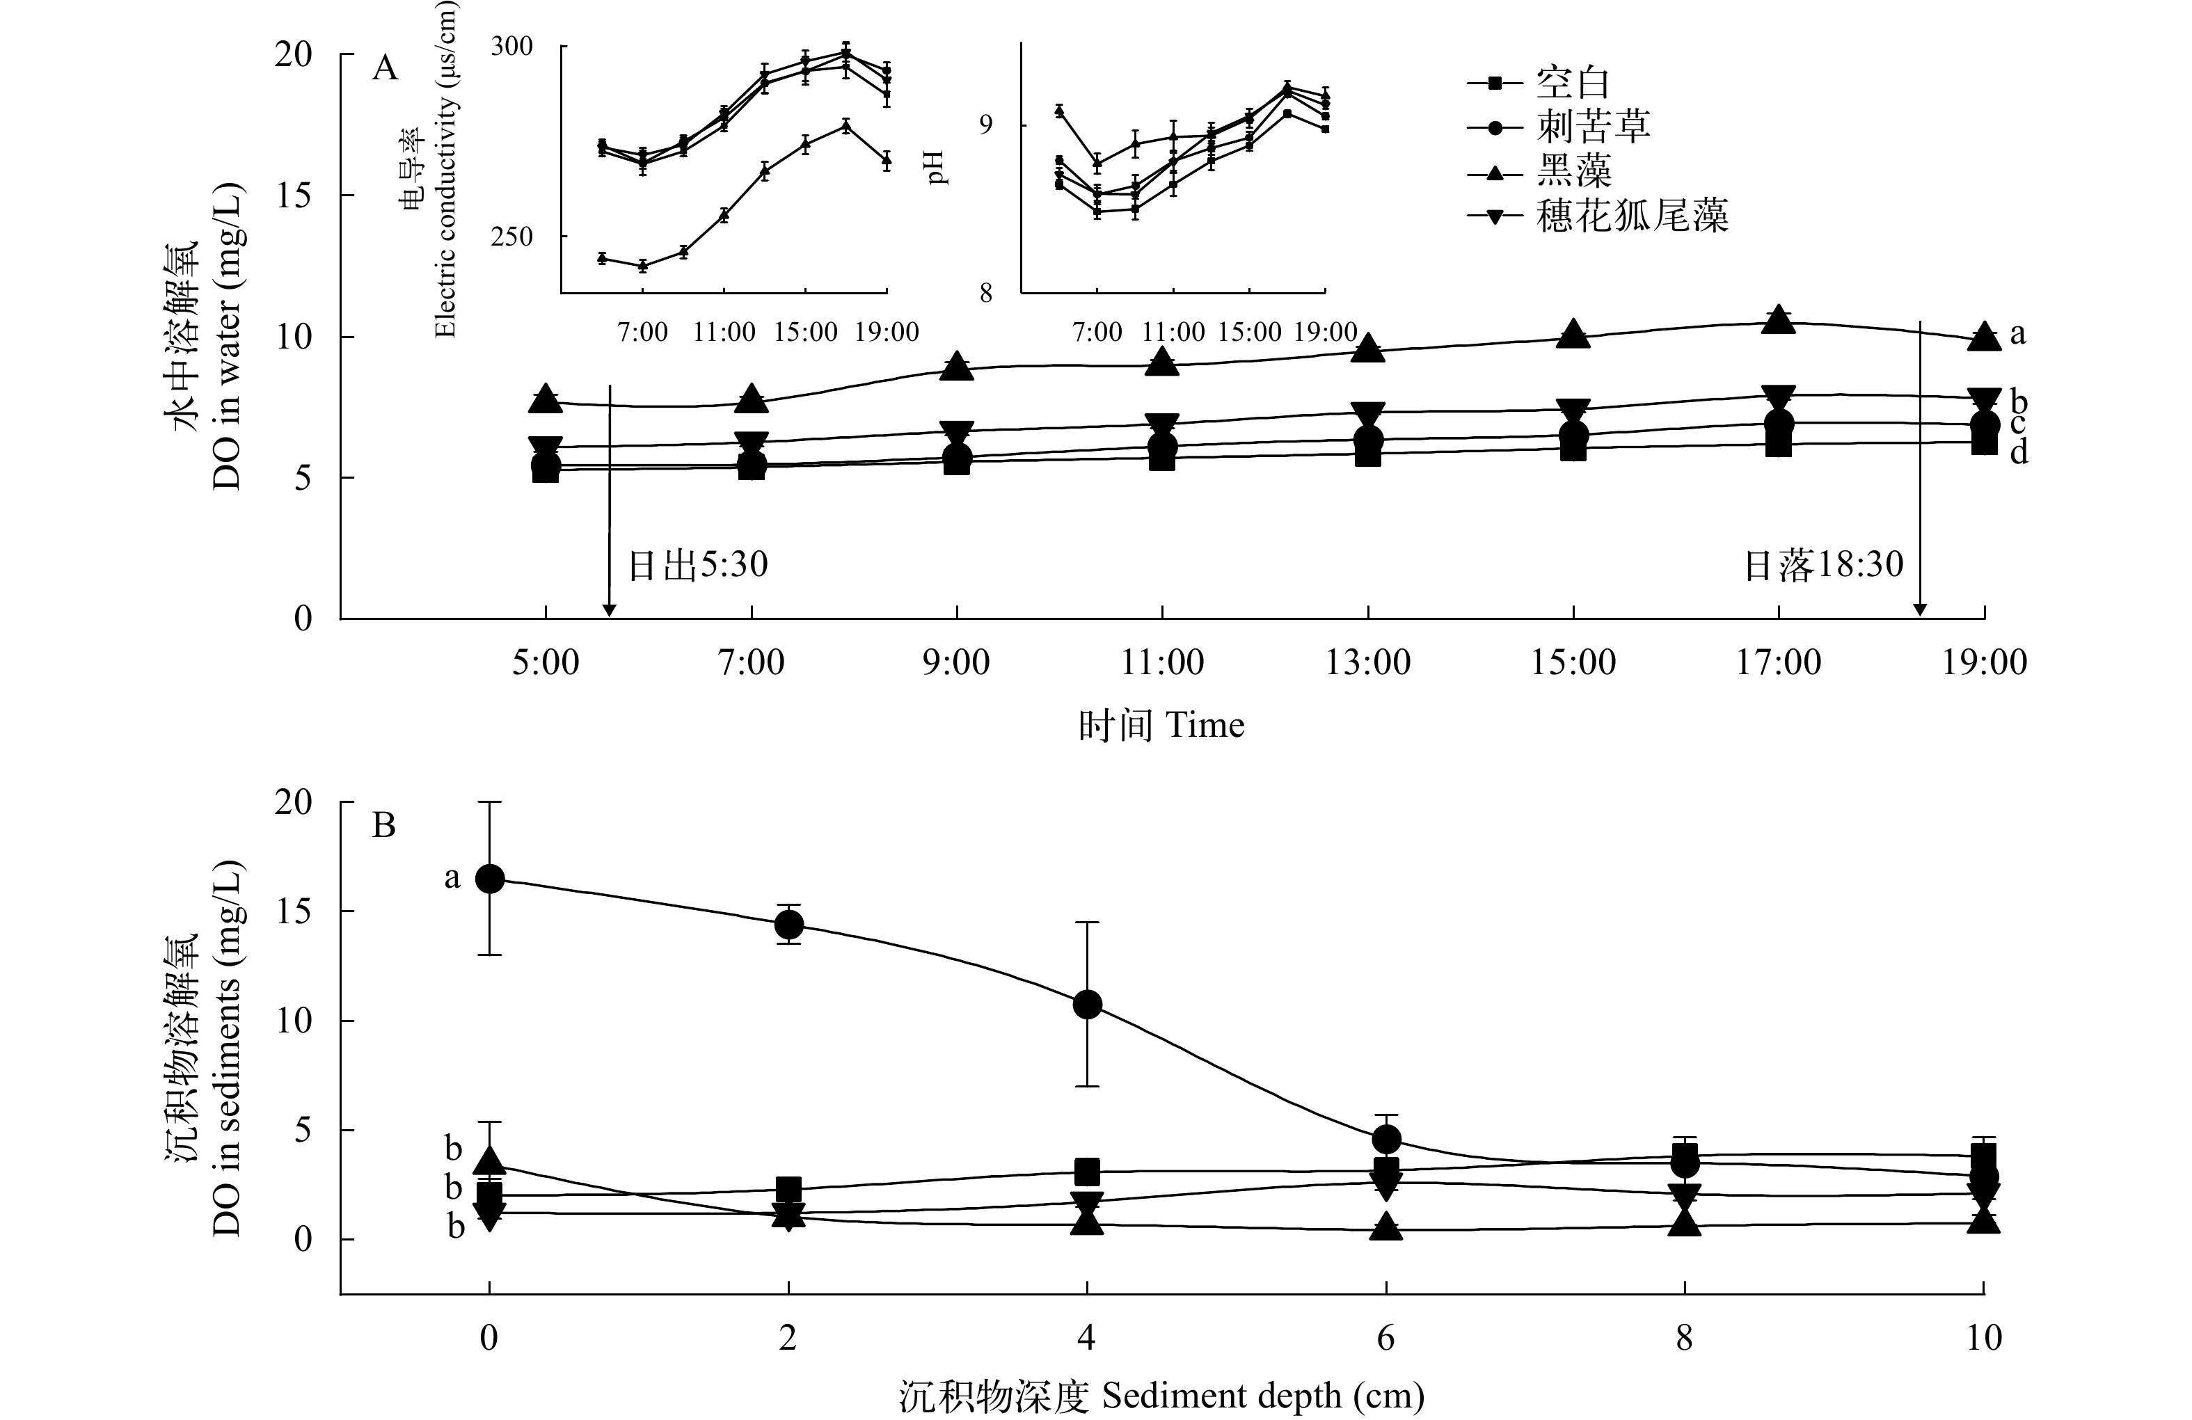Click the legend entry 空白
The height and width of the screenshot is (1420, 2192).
click(1571, 83)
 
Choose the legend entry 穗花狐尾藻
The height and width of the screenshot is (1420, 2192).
click(1631, 216)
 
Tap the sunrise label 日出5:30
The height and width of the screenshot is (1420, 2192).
click(697, 564)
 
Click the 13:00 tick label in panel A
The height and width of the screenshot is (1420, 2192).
click(1367, 662)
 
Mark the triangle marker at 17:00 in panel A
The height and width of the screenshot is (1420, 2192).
click(1779, 319)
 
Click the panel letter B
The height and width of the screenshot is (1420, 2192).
click(383, 825)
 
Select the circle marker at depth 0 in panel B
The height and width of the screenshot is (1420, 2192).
click(489, 879)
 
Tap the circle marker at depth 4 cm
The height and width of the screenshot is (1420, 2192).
click(1088, 1004)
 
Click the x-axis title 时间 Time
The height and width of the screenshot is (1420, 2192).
click(1161, 726)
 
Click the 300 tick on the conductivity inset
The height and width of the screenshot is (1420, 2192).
click(511, 46)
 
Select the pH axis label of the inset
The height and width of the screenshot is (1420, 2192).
click(937, 168)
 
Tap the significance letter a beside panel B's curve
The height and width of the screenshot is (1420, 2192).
click(452, 877)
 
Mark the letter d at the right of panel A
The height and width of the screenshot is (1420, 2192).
click(2018, 452)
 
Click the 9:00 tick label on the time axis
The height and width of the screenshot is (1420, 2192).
click(957, 662)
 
